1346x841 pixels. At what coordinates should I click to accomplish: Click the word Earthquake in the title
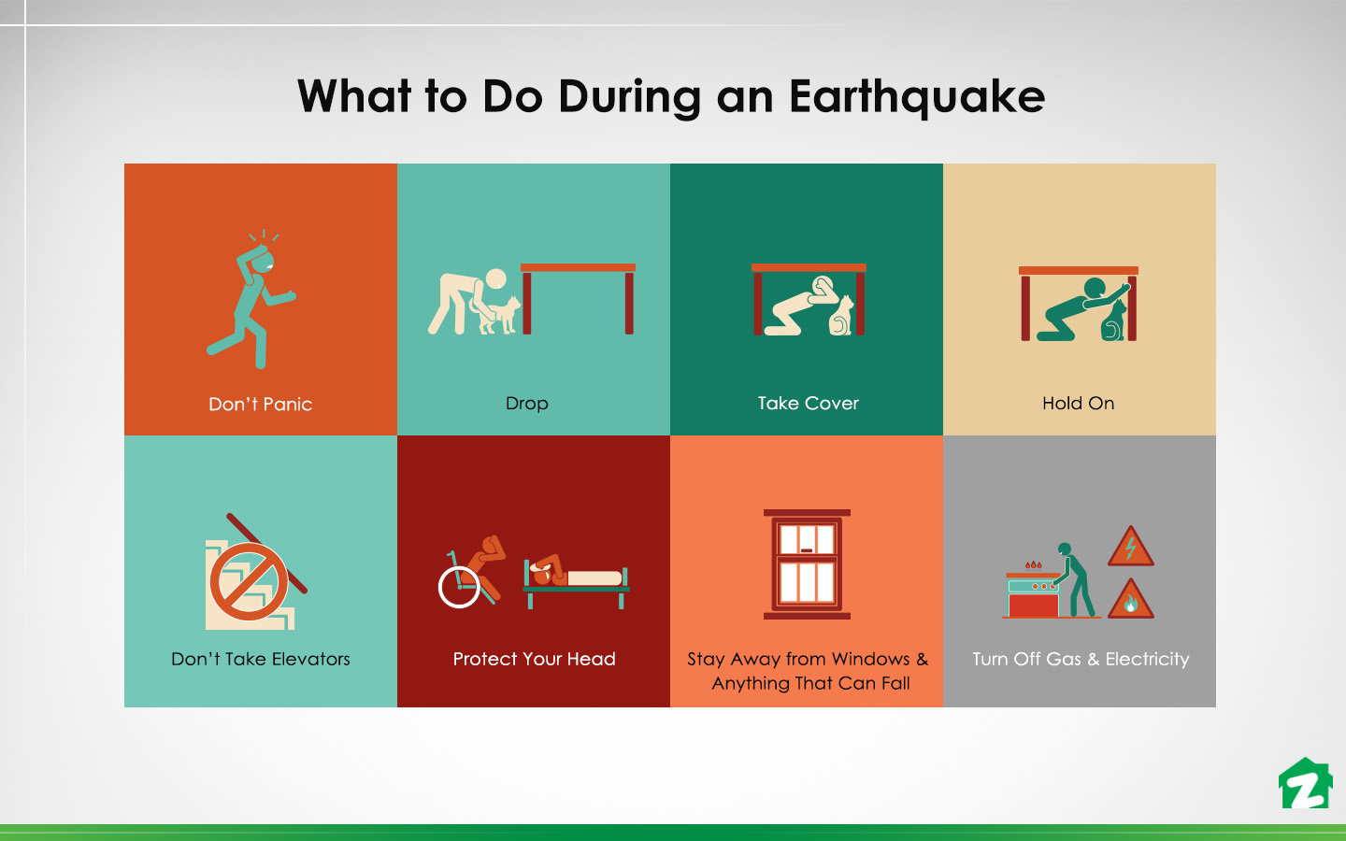(916, 96)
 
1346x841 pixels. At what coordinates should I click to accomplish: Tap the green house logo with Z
(1305, 784)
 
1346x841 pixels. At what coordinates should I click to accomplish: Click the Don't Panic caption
(260, 405)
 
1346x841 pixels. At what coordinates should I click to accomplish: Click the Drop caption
(526, 404)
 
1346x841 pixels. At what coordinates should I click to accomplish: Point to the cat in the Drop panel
(501, 315)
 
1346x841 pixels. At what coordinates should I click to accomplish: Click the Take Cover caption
(808, 404)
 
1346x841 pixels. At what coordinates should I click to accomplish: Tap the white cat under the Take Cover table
(841, 316)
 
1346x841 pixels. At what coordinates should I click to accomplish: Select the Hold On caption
(1078, 404)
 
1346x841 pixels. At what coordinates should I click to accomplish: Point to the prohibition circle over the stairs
(249, 580)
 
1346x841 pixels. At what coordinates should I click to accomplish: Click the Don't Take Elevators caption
(260, 659)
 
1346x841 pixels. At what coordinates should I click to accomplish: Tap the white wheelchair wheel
(459, 587)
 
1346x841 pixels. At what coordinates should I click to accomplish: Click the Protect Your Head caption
(534, 659)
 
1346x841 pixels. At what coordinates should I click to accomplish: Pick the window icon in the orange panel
(807, 564)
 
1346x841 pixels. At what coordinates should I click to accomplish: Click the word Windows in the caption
(871, 659)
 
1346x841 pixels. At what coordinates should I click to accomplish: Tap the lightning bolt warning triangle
(1130, 548)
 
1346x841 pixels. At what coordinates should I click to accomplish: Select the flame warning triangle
(1130, 601)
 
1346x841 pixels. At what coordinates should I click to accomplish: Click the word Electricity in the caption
(1147, 659)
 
